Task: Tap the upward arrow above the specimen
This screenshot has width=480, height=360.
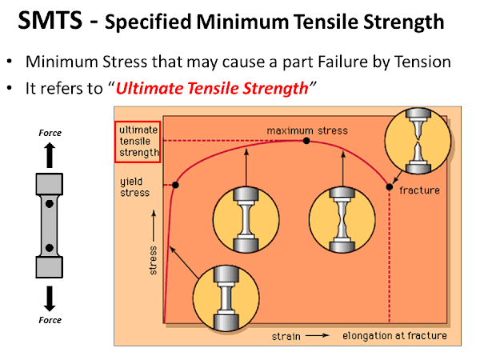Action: click(x=50, y=154)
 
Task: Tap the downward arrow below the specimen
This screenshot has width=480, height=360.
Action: click(x=50, y=297)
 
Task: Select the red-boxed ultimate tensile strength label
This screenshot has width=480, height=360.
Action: click(x=138, y=142)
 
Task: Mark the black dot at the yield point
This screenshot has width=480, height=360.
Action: click(x=175, y=186)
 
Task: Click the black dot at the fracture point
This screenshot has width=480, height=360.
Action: click(x=390, y=187)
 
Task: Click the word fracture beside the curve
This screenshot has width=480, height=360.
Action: click(x=420, y=191)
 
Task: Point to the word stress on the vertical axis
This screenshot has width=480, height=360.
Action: click(x=153, y=260)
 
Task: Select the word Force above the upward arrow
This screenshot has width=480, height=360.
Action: click(x=50, y=133)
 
